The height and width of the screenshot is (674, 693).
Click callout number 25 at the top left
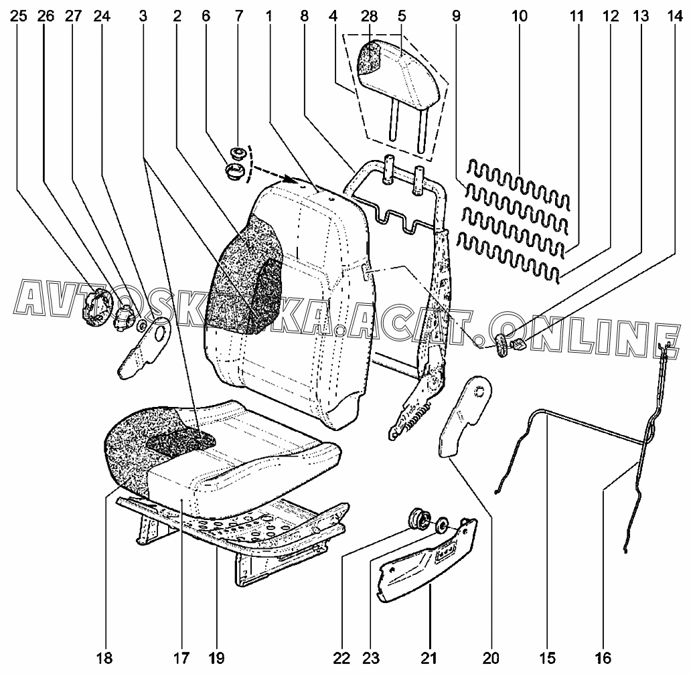18,16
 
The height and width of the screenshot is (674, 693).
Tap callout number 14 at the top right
674,16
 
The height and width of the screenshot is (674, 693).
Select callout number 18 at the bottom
104,658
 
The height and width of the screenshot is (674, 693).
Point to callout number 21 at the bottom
429,658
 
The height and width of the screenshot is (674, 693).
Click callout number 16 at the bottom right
603,658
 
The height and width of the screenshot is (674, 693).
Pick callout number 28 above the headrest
370,16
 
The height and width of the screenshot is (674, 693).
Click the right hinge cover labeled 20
464,415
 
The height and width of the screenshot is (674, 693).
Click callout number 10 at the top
520,16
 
